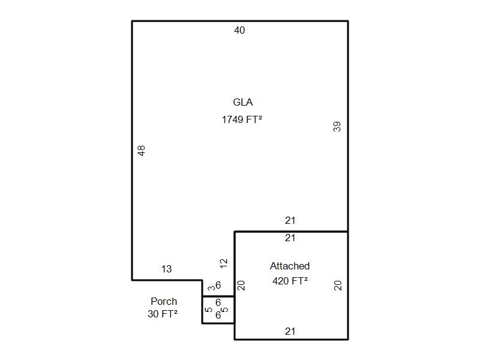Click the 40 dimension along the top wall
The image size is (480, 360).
coord(239,31)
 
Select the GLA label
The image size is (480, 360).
coord(243,102)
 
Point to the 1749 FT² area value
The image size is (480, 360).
coord(242,119)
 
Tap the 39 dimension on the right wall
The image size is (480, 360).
coord(337,127)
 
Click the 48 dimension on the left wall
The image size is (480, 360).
coord(141,151)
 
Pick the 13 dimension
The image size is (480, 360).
coord(167,269)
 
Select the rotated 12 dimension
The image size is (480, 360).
coord(224,263)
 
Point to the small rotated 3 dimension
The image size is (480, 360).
coord(211,288)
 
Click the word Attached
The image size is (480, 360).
coord(290,266)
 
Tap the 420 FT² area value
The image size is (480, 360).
coord(290,281)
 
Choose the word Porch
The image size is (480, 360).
coord(164,301)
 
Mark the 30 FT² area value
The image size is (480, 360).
coord(163,314)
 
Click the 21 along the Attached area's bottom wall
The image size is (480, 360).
coord(290,332)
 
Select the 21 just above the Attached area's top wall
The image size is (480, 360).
coord(290,220)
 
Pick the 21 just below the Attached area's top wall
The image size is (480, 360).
coord(290,238)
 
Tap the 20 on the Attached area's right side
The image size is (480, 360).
coord(338,286)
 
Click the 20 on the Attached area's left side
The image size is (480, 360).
coord(241,286)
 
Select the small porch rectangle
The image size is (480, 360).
coord(202,310)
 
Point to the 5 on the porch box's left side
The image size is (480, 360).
coord(208,310)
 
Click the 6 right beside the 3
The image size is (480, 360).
coord(218,285)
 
